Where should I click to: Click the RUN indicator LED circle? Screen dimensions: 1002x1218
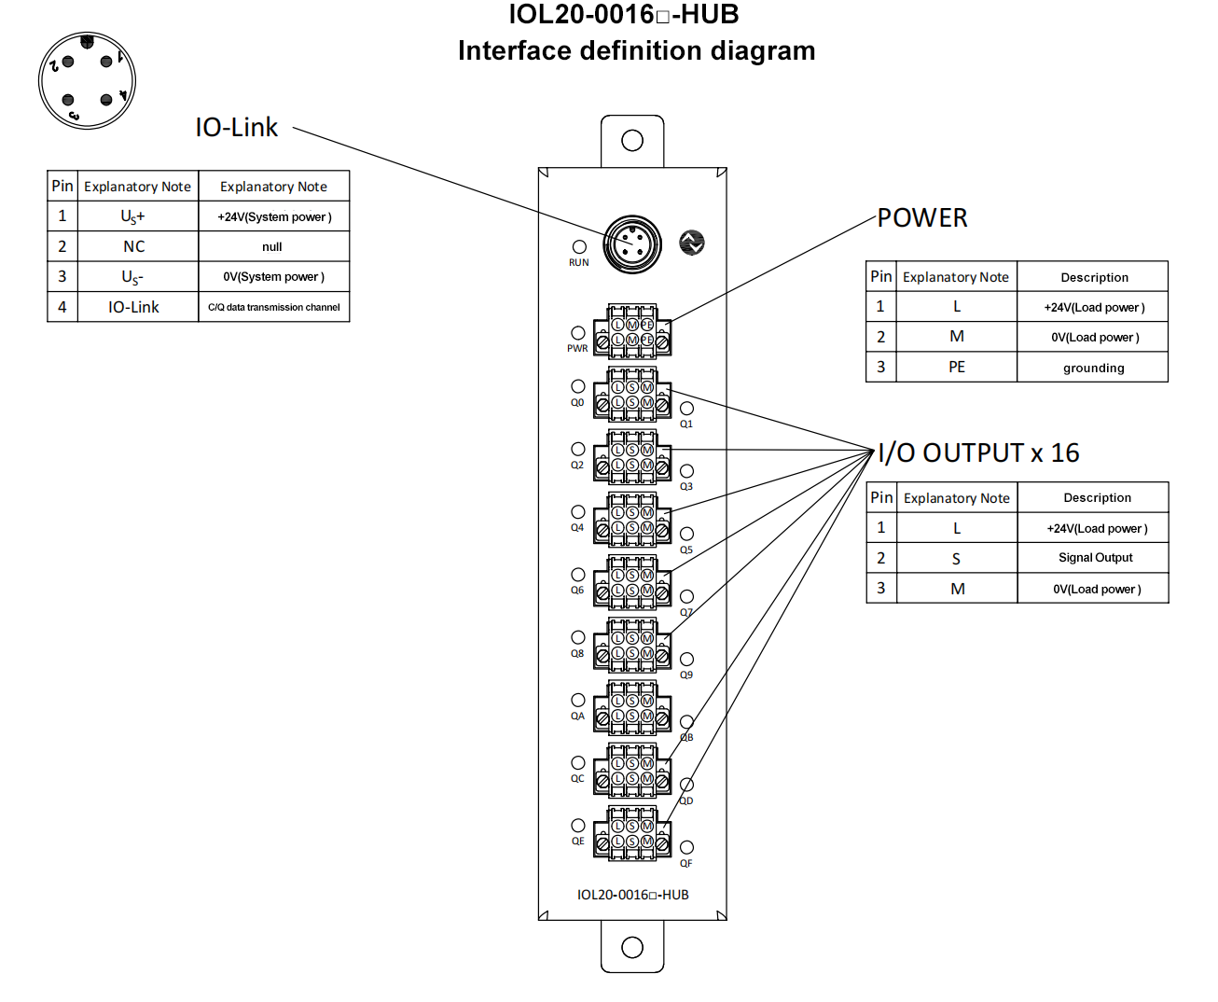(x=579, y=247)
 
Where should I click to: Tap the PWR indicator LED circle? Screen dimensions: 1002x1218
(x=578, y=333)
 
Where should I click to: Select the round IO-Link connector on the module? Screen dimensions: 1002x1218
(x=632, y=244)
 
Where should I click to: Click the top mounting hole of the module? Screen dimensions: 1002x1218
(x=632, y=141)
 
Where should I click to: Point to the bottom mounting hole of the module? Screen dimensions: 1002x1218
(x=632, y=948)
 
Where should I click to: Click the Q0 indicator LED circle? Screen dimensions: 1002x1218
(x=578, y=386)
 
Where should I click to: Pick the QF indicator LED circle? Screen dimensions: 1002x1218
(x=686, y=847)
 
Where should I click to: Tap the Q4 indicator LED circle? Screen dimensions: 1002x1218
(x=578, y=512)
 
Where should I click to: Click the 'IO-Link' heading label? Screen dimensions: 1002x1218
(x=236, y=128)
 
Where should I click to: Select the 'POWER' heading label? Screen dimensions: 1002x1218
(x=922, y=218)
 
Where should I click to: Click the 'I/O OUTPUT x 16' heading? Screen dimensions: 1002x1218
(x=978, y=453)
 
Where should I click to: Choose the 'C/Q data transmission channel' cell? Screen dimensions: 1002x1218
(x=274, y=307)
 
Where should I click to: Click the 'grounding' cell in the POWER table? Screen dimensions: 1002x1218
(x=1093, y=368)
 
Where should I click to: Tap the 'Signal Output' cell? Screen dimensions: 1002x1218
(x=1095, y=558)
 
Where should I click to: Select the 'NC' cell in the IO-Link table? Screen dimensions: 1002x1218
(x=134, y=247)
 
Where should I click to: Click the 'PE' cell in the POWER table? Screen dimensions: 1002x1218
(x=957, y=368)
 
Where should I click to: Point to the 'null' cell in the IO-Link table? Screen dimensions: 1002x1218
(x=272, y=247)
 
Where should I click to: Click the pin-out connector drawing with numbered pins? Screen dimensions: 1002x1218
(x=87, y=80)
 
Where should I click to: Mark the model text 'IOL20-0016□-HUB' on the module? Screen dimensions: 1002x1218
(x=632, y=895)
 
